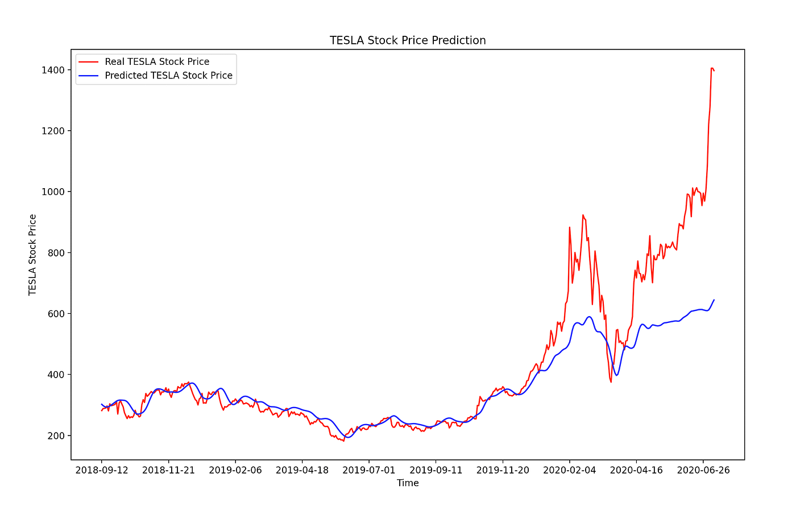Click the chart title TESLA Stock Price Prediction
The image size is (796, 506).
tap(408, 40)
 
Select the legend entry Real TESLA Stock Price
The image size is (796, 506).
tap(157, 62)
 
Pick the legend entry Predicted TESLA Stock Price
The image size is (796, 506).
tap(168, 76)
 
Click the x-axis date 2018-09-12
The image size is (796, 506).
tap(102, 470)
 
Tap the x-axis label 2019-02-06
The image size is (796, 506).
tap(235, 470)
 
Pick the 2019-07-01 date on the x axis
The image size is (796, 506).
tap(369, 470)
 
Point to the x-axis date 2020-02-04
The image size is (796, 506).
tap(569, 470)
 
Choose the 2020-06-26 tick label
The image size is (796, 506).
tap(703, 470)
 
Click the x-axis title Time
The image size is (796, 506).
tap(408, 483)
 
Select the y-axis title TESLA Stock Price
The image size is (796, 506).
tap(33, 255)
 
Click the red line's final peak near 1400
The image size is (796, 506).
tap(712, 68)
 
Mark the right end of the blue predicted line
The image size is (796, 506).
tap(714, 300)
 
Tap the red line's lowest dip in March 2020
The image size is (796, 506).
tap(611, 382)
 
